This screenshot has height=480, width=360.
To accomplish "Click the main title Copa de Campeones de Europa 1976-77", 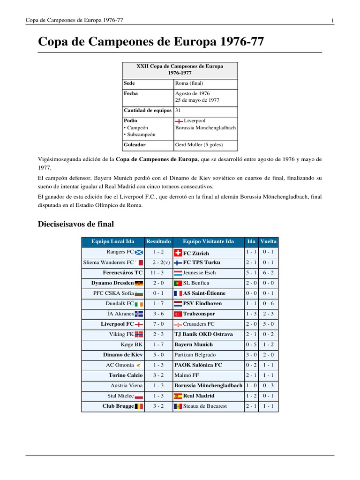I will click(x=150, y=42).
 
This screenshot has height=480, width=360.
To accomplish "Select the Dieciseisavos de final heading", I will click(x=75, y=224).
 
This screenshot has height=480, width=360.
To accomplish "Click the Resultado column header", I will click(x=158, y=242).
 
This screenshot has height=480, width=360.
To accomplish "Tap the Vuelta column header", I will click(x=269, y=242).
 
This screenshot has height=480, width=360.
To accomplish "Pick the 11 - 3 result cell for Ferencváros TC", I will click(x=158, y=273).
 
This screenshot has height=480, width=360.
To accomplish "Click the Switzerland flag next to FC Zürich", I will click(x=178, y=253).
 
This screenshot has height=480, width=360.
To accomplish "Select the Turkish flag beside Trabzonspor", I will click(x=178, y=314).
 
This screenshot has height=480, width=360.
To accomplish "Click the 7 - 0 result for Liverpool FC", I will click(x=158, y=324).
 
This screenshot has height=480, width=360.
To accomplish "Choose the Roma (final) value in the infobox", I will click(x=189, y=83).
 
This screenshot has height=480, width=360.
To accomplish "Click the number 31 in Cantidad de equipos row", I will click(x=178, y=111).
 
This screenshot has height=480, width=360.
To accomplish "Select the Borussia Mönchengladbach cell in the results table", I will click(x=208, y=386).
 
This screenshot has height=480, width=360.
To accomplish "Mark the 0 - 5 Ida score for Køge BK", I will click(x=251, y=345).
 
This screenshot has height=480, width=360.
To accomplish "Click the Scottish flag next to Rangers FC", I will click(x=139, y=252).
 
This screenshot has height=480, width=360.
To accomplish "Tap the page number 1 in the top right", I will click(x=332, y=20).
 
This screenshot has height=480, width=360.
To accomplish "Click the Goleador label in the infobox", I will click(x=134, y=145).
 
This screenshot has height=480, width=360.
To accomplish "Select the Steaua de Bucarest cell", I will click(x=206, y=406).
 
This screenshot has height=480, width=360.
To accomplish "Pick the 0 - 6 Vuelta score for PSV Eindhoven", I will click(x=269, y=304).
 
